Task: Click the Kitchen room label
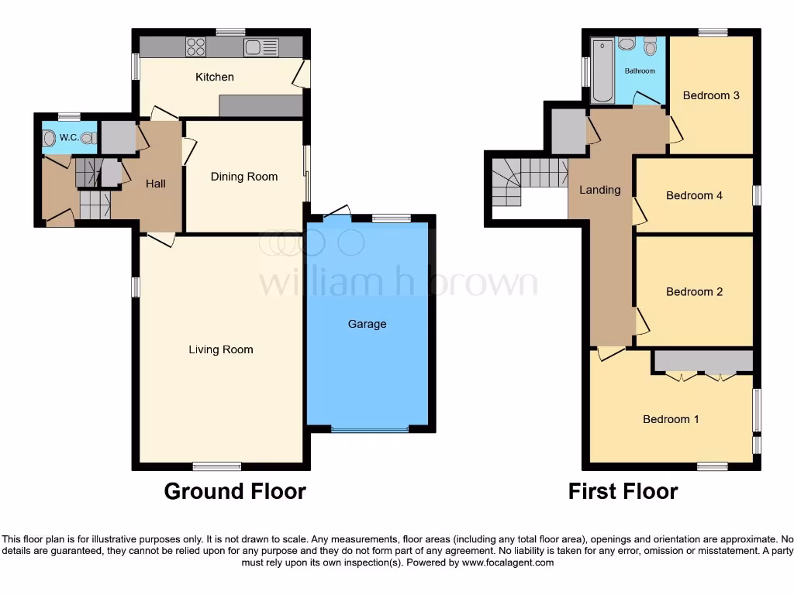tap(214, 77)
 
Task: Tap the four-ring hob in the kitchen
tap(196, 47)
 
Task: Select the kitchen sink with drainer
tap(261, 47)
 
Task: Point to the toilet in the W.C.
tap(50, 138)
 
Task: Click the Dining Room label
tap(244, 177)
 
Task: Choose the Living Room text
tap(221, 349)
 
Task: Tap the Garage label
tap(367, 324)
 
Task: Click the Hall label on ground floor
tap(156, 184)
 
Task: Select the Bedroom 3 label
tap(711, 95)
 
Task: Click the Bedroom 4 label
tap(694, 195)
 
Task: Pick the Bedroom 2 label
tap(694, 291)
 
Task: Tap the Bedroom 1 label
tap(671, 419)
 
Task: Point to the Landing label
tap(600, 190)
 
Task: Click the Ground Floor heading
tap(235, 491)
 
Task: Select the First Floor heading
tap(623, 491)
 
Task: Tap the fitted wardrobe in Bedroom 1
tap(703, 362)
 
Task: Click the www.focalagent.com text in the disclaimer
tap(507, 562)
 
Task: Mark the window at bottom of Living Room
tap(216, 466)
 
